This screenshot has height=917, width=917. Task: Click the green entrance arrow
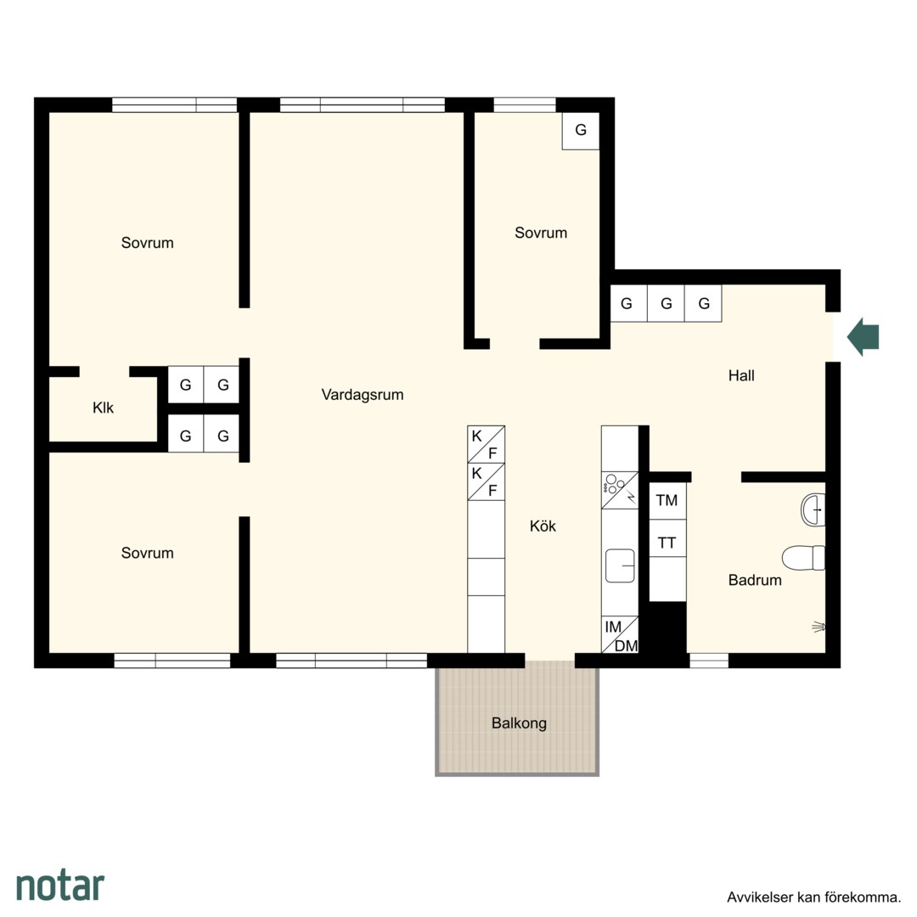(864, 337)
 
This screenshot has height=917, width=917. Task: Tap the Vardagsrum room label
(363, 395)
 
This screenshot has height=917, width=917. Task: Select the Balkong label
(520, 723)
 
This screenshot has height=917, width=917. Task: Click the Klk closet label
(103, 408)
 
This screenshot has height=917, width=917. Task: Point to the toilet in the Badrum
(803, 558)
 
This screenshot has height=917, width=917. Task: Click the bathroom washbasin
(813, 510)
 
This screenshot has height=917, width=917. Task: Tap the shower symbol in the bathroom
(819, 627)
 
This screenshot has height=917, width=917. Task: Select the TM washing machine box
(667, 501)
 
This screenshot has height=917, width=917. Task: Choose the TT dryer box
(667, 543)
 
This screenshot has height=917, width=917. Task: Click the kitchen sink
(620, 565)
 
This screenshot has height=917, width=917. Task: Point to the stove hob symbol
(620, 490)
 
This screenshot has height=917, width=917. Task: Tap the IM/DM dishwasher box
(620, 634)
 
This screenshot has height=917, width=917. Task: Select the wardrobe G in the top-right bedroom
(581, 131)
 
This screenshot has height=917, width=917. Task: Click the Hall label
(741, 375)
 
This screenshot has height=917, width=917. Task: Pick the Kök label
(543, 526)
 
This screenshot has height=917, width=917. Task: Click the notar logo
(61, 886)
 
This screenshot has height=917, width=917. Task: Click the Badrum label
(755, 580)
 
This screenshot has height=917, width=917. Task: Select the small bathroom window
(709, 661)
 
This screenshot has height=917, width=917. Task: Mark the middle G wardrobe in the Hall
(667, 303)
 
